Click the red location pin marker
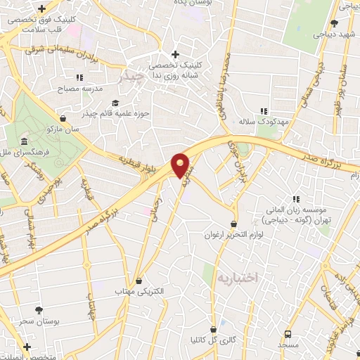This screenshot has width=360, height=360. tap(181, 165)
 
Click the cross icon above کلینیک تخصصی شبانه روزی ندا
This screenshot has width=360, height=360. tap(175, 54)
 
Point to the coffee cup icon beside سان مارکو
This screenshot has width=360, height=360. tap(65, 119)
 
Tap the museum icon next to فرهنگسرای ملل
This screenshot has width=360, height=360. tap(24, 142)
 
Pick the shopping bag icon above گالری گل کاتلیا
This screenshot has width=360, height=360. tap(214, 329)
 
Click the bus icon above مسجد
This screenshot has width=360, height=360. tap(288, 334)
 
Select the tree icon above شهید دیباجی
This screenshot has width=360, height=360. tap(344, 24)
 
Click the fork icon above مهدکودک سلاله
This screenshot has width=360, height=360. tap(264, 111)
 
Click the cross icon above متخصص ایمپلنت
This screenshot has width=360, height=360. tap(27, 347)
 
